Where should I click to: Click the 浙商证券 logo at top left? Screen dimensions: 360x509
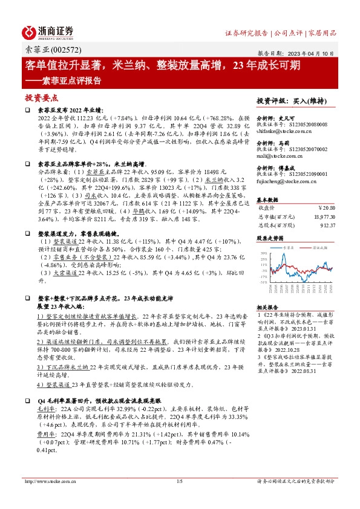(49, 32)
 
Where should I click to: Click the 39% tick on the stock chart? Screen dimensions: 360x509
(263, 253)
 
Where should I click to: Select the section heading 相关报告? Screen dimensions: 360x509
(269, 306)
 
